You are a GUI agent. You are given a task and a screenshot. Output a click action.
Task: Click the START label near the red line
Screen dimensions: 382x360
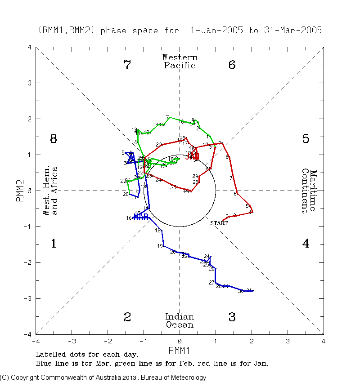tap(219, 223)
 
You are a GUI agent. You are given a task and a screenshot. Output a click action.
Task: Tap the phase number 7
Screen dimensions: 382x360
tap(127, 65)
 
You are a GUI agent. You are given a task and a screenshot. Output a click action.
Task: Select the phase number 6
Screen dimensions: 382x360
tap(232, 65)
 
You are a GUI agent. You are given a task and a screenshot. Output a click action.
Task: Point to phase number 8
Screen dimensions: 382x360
tap(53, 139)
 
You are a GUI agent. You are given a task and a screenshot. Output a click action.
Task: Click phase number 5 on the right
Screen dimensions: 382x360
tap(306, 139)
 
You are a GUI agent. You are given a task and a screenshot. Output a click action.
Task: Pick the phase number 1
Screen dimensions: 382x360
tap(53, 244)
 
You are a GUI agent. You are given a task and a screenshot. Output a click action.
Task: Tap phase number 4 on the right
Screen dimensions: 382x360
tap(306, 244)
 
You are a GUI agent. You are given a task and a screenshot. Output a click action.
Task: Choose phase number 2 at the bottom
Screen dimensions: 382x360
tap(127, 317)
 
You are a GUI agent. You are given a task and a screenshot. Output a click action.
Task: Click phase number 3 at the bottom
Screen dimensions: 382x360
tap(232, 317)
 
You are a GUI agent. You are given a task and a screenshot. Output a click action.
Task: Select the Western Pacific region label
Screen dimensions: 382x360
tap(180, 62)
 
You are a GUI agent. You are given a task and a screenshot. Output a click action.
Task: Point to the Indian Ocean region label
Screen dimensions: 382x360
tap(180, 320)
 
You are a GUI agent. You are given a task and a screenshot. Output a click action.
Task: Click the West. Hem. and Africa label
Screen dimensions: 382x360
tap(50, 191)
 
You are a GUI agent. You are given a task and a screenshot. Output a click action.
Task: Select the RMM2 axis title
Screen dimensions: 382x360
tap(20, 191)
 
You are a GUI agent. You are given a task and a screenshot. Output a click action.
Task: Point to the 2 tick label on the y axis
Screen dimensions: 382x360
tap(29, 119)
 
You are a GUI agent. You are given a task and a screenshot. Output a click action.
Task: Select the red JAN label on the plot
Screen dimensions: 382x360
tap(192, 156)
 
